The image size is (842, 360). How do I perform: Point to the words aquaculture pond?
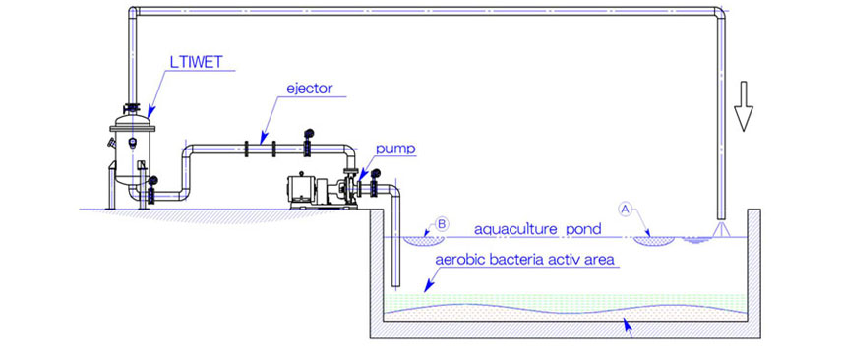click(x=537, y=229)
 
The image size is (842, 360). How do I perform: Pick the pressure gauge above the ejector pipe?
click(x=309, y=135)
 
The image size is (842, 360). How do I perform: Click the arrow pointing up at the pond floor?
click(x=631, y=330)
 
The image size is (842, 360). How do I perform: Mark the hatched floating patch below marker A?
click(x=651, y=238)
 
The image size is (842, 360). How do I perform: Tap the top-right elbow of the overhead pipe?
click(x=721, y=16)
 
